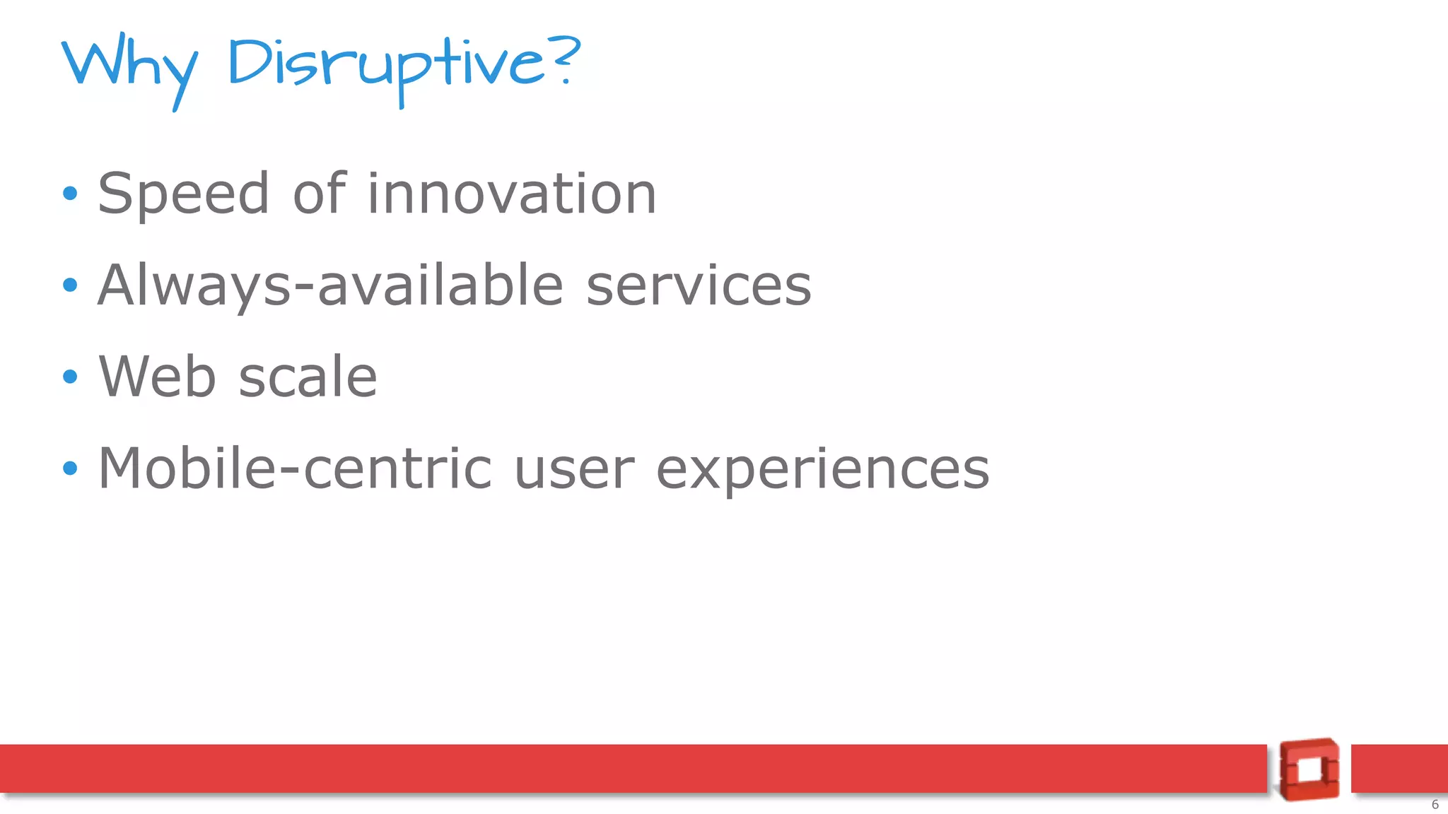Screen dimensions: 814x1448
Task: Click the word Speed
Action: click(184, 194)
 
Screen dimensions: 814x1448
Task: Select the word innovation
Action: click(512, 194)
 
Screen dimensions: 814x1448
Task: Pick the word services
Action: click(699, 285)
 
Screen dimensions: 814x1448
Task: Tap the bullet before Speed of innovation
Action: click(69, 193)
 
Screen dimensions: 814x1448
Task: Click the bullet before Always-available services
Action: click(69, 285)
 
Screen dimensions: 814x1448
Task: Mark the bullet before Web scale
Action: click(69, 377)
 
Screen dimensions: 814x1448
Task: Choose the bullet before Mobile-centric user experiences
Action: click(69, 468)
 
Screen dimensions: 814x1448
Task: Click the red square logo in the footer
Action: click(1309, 769)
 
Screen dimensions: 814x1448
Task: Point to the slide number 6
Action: click(1435, 804)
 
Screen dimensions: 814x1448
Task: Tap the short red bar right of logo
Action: click(1399, 768)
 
